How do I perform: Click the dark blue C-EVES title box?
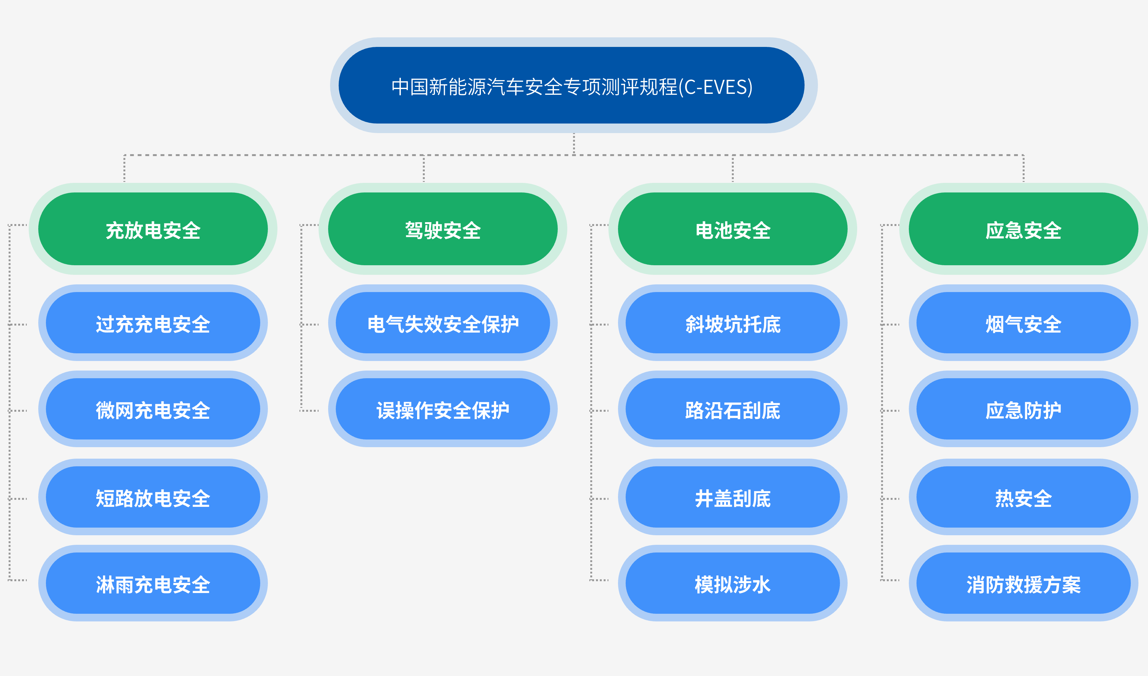point(574,85)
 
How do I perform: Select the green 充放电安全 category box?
point(153,229)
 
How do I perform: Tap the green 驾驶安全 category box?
point(443,229)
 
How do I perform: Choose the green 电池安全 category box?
point(732,229)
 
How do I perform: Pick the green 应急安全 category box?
point(1023,229)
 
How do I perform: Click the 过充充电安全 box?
point(153,323)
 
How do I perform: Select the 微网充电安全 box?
point(153,409)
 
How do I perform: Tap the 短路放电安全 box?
point(153,497)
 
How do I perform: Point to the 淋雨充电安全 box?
point(153,583)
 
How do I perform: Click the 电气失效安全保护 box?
point(443,323)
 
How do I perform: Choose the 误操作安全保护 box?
point(443,409)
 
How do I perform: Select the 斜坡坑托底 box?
point(732,323)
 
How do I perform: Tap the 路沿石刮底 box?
point(732,409)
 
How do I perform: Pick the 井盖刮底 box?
point(732,497)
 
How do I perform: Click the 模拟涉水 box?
point(732,583)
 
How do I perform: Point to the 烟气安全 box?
point(1023,323)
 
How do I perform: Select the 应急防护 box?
point(1023,409)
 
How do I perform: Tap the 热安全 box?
point(1023,497)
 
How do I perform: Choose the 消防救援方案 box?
point(1023,583)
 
